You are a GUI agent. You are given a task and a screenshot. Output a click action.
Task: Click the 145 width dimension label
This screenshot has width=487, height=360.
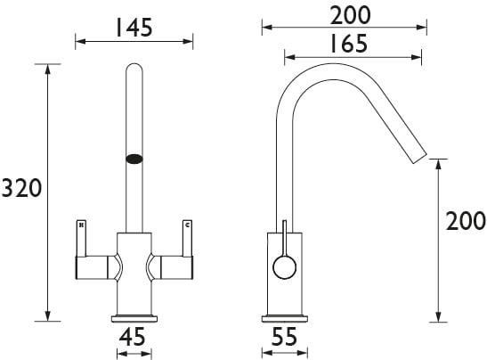point(134,28)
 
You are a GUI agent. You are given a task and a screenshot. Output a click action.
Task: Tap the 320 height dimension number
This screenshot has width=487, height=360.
point(21,188)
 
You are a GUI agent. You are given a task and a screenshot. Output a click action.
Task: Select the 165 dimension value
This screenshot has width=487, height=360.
point(349,43)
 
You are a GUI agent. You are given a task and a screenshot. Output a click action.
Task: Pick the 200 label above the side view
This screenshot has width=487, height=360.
point(351,15)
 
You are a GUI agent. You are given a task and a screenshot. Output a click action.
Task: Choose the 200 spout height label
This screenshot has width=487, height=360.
point(466,221)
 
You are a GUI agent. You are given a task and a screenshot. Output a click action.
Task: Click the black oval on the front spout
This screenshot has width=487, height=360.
point(134,159)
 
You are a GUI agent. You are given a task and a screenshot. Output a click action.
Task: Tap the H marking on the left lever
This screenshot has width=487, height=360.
point(81,225)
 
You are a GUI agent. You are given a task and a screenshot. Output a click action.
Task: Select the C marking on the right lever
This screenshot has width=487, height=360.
point(187,225)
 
